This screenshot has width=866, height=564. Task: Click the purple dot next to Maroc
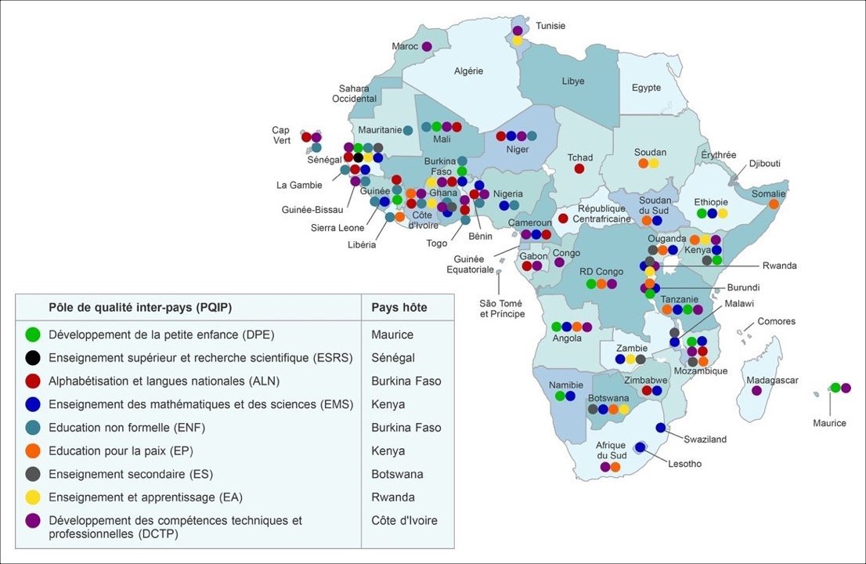point(427,47)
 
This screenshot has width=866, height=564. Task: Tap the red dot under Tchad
point(579,168)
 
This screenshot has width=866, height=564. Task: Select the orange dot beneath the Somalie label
point(774,204)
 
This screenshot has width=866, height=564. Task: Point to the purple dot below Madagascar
point(756,390)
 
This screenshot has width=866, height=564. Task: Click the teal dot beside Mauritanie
point(408,130)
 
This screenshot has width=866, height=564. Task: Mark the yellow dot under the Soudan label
point(654,164)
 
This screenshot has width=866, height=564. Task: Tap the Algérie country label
point(468,71)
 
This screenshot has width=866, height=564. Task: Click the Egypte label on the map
point(646,88)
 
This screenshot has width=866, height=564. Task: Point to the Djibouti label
point(764,164)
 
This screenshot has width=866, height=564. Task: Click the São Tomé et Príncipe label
point(501,308)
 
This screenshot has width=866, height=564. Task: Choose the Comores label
point(776,321)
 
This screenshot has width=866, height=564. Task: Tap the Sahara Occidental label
point(355,94)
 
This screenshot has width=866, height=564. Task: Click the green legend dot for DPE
point(32,335)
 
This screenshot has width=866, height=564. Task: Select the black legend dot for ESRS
point(32,358)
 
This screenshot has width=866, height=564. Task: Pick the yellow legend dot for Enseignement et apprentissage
point(32,497)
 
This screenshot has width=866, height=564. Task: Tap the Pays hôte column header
point(399,307)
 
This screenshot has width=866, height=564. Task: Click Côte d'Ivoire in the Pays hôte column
point(404,520)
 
